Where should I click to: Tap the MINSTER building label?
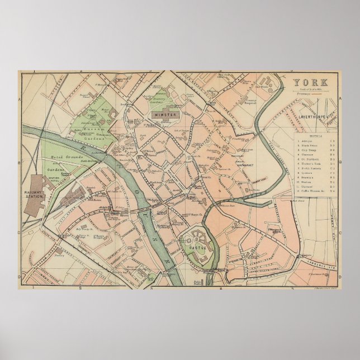(x=162, y=114)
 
